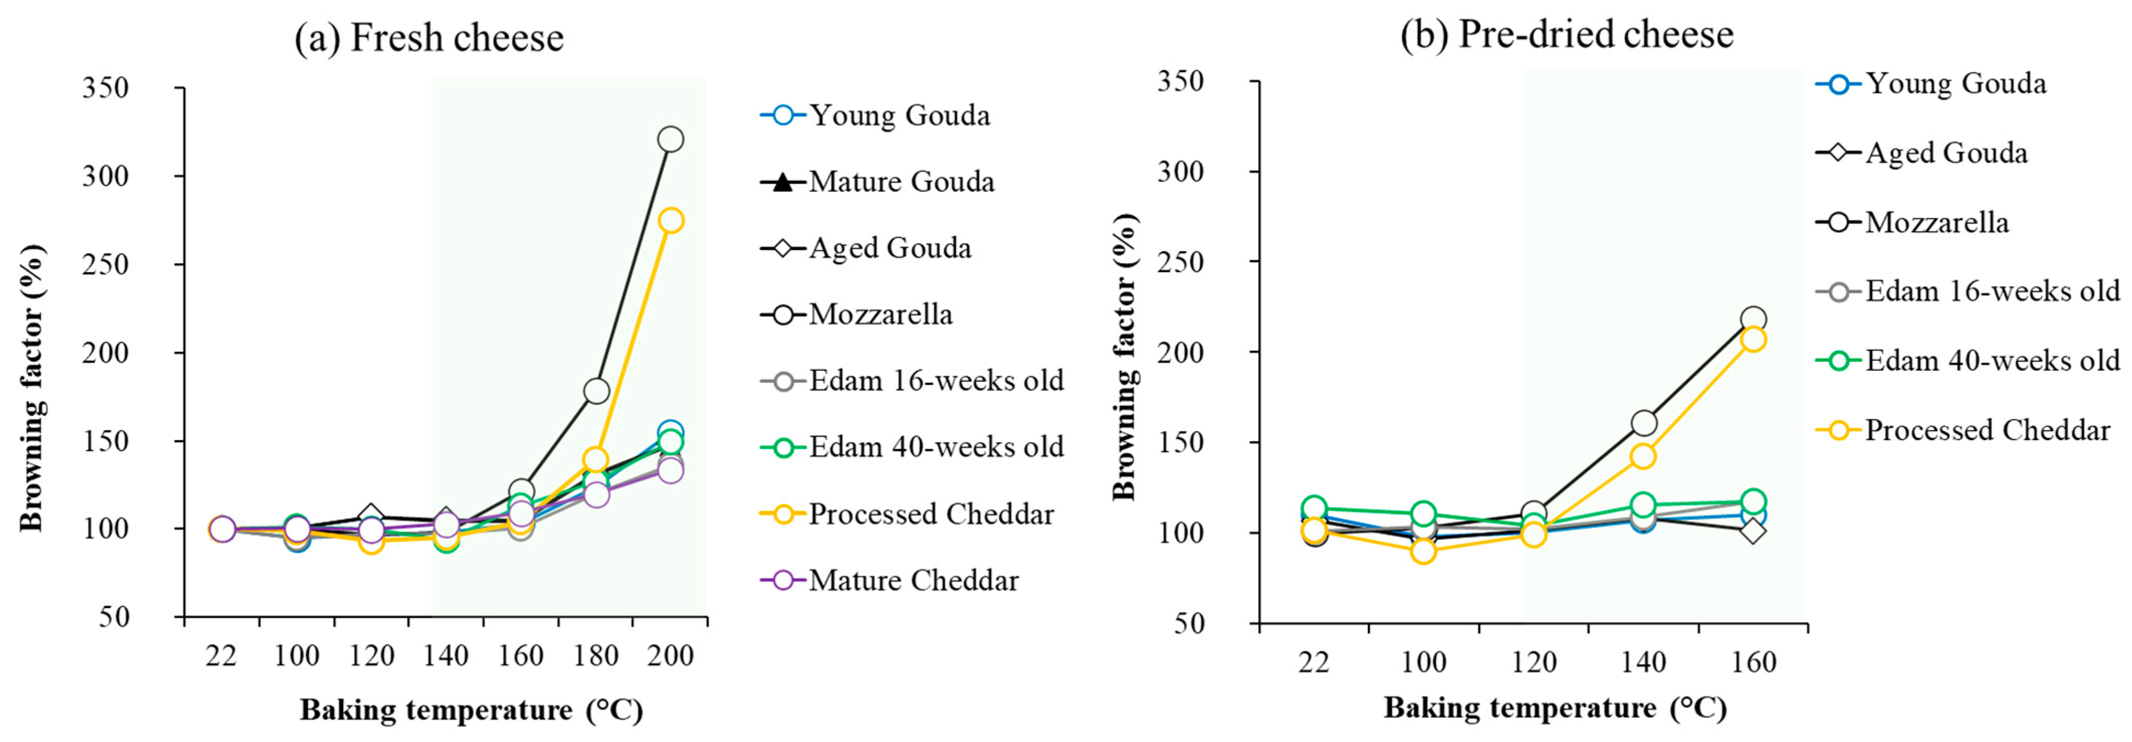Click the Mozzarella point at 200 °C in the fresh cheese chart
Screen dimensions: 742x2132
coord(670,139)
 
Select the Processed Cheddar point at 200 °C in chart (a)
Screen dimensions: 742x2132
coord(670,220)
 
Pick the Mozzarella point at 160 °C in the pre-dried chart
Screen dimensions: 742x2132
coord(1753,319)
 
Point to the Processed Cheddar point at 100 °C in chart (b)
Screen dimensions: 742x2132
coord(1423,551)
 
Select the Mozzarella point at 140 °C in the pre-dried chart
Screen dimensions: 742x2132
coord(1644,423)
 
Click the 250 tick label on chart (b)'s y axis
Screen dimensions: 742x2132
coord(1181,262)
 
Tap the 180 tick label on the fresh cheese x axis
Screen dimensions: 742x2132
coord(596,656)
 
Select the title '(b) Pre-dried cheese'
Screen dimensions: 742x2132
coord(1566,35)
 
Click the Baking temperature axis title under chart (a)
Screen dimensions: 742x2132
coord(471,710)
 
